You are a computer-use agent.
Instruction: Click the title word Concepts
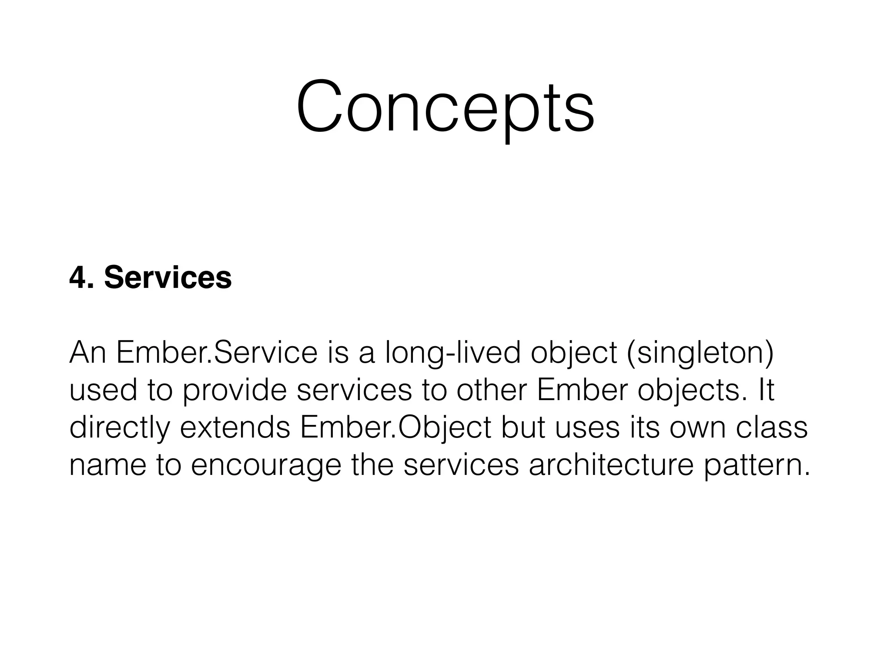click(445, 107)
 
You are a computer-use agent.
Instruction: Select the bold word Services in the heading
click(168, 277)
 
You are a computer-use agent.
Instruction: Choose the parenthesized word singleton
click(700, 353)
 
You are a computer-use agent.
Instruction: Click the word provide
click(234, 391)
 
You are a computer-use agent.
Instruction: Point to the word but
click(523, 427)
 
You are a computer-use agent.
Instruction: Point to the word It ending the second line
click(766, 390)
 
